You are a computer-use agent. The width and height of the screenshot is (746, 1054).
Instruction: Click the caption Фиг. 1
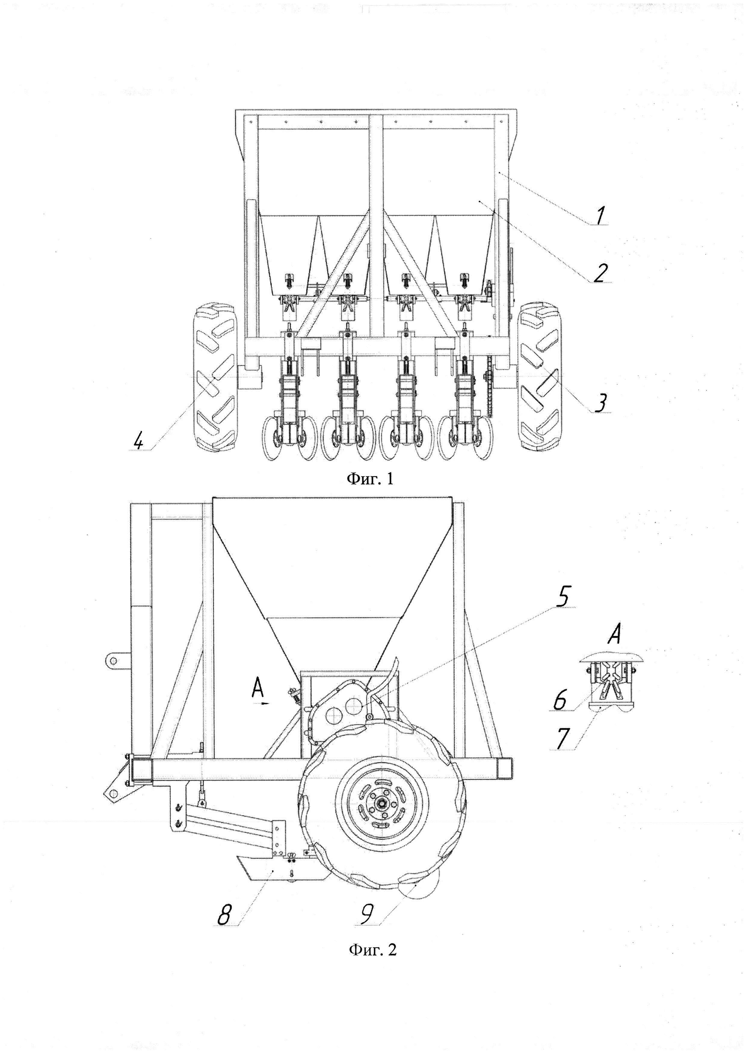[x=369, y=479]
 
